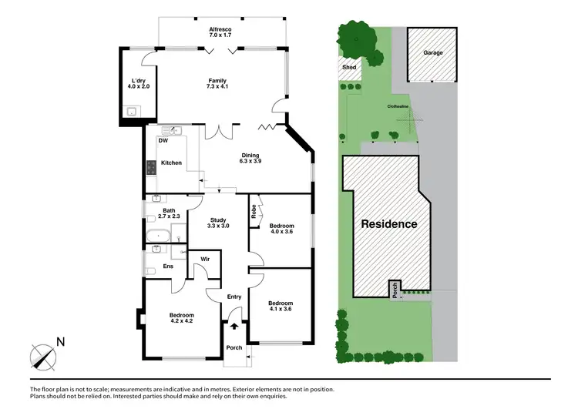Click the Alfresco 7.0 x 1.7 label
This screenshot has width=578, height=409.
point(221,33)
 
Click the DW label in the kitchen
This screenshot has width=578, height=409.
point(163,141)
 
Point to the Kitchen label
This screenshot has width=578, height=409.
point(171,163)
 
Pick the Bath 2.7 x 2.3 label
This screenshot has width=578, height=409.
point(167,214)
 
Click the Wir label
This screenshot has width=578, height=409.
point(204,260)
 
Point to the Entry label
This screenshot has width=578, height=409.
point(234,297)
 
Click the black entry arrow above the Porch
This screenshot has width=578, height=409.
point(234,327)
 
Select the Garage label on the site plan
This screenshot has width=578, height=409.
point(432,52)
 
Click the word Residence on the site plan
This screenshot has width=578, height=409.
point(389,224)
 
